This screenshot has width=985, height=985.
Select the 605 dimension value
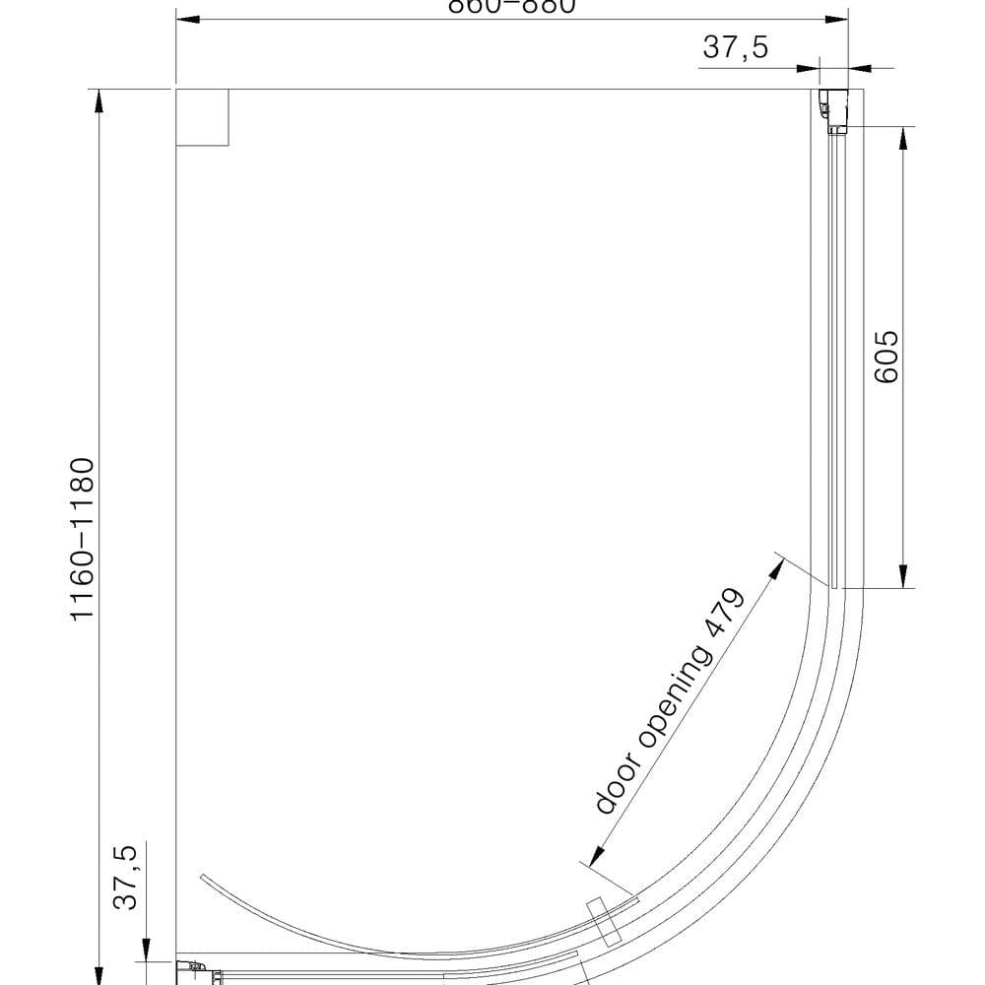(886, 356)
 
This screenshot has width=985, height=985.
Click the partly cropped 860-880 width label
(510, 6)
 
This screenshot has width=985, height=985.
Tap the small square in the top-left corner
(202, 117)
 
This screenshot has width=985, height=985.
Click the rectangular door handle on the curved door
(602, 923)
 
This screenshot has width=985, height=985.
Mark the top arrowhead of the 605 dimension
(902, 139)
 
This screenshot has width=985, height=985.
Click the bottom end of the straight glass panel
(834, 586)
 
